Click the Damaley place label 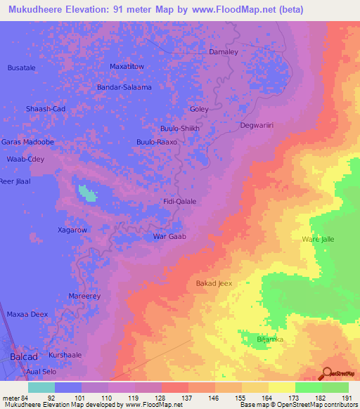click(x=224, y=52)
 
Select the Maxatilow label click(x=127, y=67)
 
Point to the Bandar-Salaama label click(x=124, y=87)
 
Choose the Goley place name click(x=200, y=110)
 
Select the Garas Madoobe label click(x=27, y=142)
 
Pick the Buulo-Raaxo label click(x=156, y=142)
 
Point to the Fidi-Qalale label click(x=179, y=201)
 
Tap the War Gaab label click(x=169, y=237)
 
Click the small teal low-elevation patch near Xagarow click(x=87, y=192)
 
